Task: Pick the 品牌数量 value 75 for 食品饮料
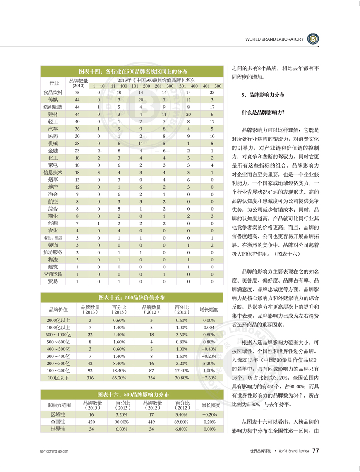coord(77,93)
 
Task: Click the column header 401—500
coord(212,86)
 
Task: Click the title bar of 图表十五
coord(132,297)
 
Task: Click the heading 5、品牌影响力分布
coord(263,95)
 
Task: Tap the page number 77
coord(315,451)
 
